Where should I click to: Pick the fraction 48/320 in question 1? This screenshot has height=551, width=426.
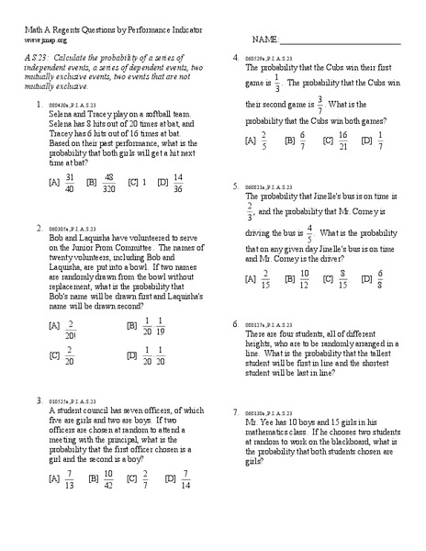point(108,182)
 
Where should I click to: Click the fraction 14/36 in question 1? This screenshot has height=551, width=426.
point(178,182)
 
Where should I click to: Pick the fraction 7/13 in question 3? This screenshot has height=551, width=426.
point(69,478)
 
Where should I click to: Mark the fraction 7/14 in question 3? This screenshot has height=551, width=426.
point(185,478)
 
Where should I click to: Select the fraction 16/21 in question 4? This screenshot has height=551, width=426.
point(343,141)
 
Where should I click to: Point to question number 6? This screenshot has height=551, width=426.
point(236,325)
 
